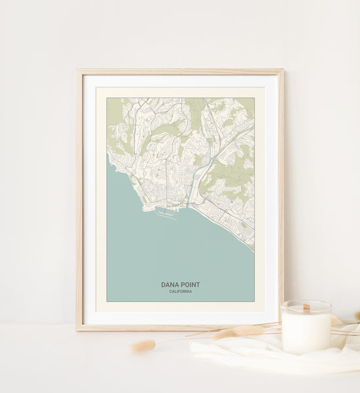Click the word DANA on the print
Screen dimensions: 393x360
click(170, 285)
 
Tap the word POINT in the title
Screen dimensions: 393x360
click(191, 285)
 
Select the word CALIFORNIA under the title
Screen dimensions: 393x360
click(180, 291)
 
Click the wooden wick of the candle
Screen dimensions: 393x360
click(306, 307)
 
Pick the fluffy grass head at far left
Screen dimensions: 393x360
click(143, 346)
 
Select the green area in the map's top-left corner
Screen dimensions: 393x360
click(114, 108)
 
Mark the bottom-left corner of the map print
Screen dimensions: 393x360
click(108, 301)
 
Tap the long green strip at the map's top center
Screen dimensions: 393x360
click(195, 111)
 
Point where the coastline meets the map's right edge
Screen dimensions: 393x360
click(254, 249)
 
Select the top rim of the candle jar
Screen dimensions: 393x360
click(306, 303)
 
